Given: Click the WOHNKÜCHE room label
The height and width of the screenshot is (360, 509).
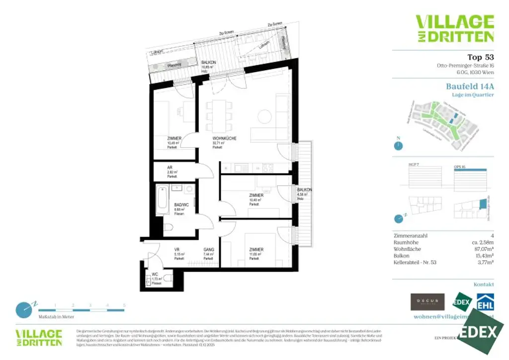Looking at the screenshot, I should (x=224, y=138).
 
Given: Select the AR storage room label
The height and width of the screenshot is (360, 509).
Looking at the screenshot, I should (x=170, y=168).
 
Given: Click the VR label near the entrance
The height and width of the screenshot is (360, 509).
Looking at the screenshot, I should (x=176, y=250).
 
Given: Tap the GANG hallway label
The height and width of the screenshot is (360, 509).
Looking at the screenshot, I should (x=208, y=250).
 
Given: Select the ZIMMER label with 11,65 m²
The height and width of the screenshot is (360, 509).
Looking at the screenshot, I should (x=256, y=250).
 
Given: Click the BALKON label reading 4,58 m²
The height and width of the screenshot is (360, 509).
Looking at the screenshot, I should (x=304, y=190).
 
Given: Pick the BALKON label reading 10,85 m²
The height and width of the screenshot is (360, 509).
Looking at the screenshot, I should (x=208, y=62).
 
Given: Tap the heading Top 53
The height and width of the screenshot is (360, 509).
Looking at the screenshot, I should (x=481, y=57).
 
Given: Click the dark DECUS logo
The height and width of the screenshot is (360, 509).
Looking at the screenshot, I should (x=427, y=301).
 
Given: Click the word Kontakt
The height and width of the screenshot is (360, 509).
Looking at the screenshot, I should (x=484, y=284).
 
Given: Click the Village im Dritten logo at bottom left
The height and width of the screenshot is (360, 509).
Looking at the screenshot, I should (x=39, y=337).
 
